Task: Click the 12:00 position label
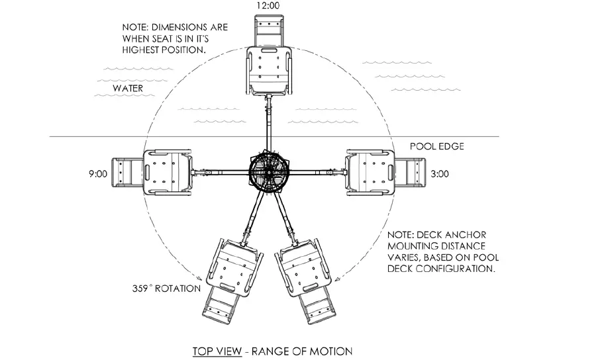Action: pyautogui.click(x=268, y=6)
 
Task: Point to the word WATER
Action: pyautogui.click(x=127, y=87)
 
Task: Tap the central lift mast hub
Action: pyautogui.click(x=268, y=173)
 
